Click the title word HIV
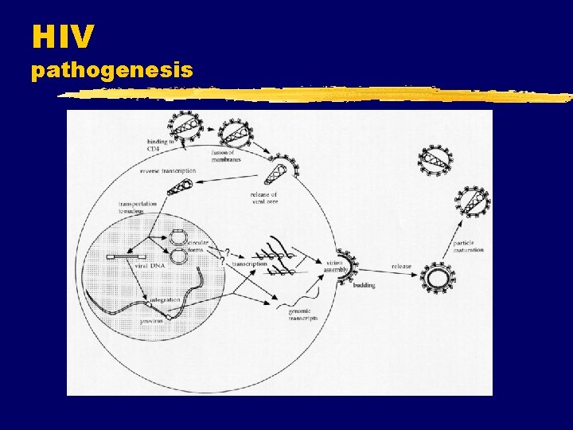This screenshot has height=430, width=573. pyautogui.click(x=63, y=36)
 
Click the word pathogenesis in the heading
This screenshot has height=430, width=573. pyautogui.click(x=111, y=71)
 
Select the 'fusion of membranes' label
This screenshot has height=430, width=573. pyautogui.click(x=226, y=156)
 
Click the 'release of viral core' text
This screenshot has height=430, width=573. pyautogui.click(x=263, y=198)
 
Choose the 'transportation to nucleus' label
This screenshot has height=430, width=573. pyautogui.click(x=137, y=206)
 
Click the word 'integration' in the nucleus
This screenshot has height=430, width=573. pyautogui.click(x=165, y=299)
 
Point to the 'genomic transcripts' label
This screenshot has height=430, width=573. pyautogui.click(x=302, y=314)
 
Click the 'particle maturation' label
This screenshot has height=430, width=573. pyautogui.click(x=469, y=246)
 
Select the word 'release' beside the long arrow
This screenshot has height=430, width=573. pyautogui.click(x=401, y=266)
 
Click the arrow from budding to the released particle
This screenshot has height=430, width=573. pyautogui.click(x=390, y=275)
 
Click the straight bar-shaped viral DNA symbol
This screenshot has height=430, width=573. pyautogui.click(x=127, y=257)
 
